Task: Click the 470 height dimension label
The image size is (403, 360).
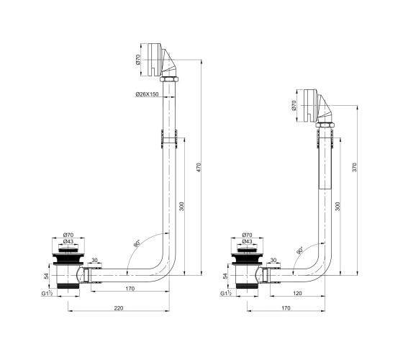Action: click(199, 167)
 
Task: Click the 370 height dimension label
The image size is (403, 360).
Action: click(354, 167)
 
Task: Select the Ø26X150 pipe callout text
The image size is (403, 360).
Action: click(147, 94)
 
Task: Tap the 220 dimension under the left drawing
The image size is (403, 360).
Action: click(119, 308)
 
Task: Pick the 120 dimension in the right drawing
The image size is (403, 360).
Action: click(297, 293)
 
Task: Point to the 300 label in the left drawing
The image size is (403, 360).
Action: click(181, 207)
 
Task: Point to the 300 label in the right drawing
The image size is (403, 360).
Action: click(338, 207)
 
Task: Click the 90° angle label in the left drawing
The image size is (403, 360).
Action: click(137, 243)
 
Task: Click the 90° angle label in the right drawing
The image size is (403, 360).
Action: click(299, 251)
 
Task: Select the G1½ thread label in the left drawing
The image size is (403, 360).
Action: click(47, 293)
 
